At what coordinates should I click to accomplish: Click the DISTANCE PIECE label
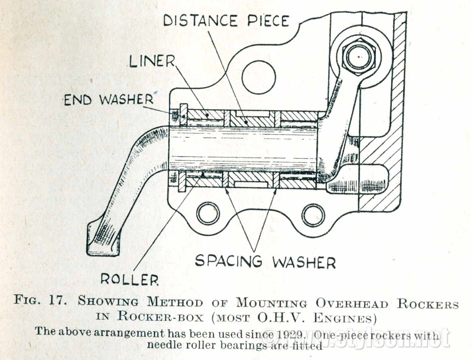pyautogui.click(x=227, y=21)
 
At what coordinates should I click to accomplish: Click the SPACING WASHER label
pyautogui.click(x=265, y=262)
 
